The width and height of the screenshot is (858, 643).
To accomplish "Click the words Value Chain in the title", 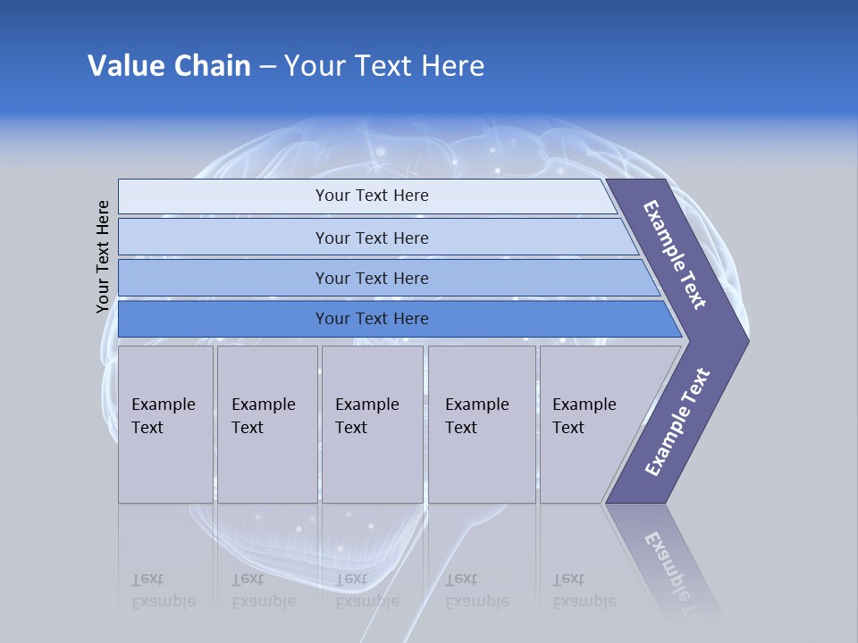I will click(169, 66).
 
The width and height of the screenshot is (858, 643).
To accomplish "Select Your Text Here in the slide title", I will click(384, 66).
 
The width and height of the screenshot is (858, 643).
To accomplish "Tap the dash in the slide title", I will click(267, 67).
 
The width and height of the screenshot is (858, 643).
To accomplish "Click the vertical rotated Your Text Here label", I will click(103, 256).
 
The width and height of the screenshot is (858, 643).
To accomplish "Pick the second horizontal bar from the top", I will click(371, 238).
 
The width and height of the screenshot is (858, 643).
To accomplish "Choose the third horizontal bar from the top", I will click(371, 278).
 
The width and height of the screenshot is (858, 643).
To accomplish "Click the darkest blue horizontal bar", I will click(371, 319).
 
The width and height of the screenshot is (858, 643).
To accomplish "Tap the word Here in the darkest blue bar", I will click(410, 319).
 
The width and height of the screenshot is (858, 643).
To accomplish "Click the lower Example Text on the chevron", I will click(677, 422).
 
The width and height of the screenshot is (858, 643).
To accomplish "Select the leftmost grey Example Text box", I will click(165, 424).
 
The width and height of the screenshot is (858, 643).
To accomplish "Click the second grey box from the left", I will click(266, 424).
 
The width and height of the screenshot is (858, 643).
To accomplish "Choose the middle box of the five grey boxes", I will click(372, 424).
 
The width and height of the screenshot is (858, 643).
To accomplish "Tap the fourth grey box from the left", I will click(482, 424).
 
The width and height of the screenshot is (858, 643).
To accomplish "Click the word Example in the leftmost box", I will click(163, 405).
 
